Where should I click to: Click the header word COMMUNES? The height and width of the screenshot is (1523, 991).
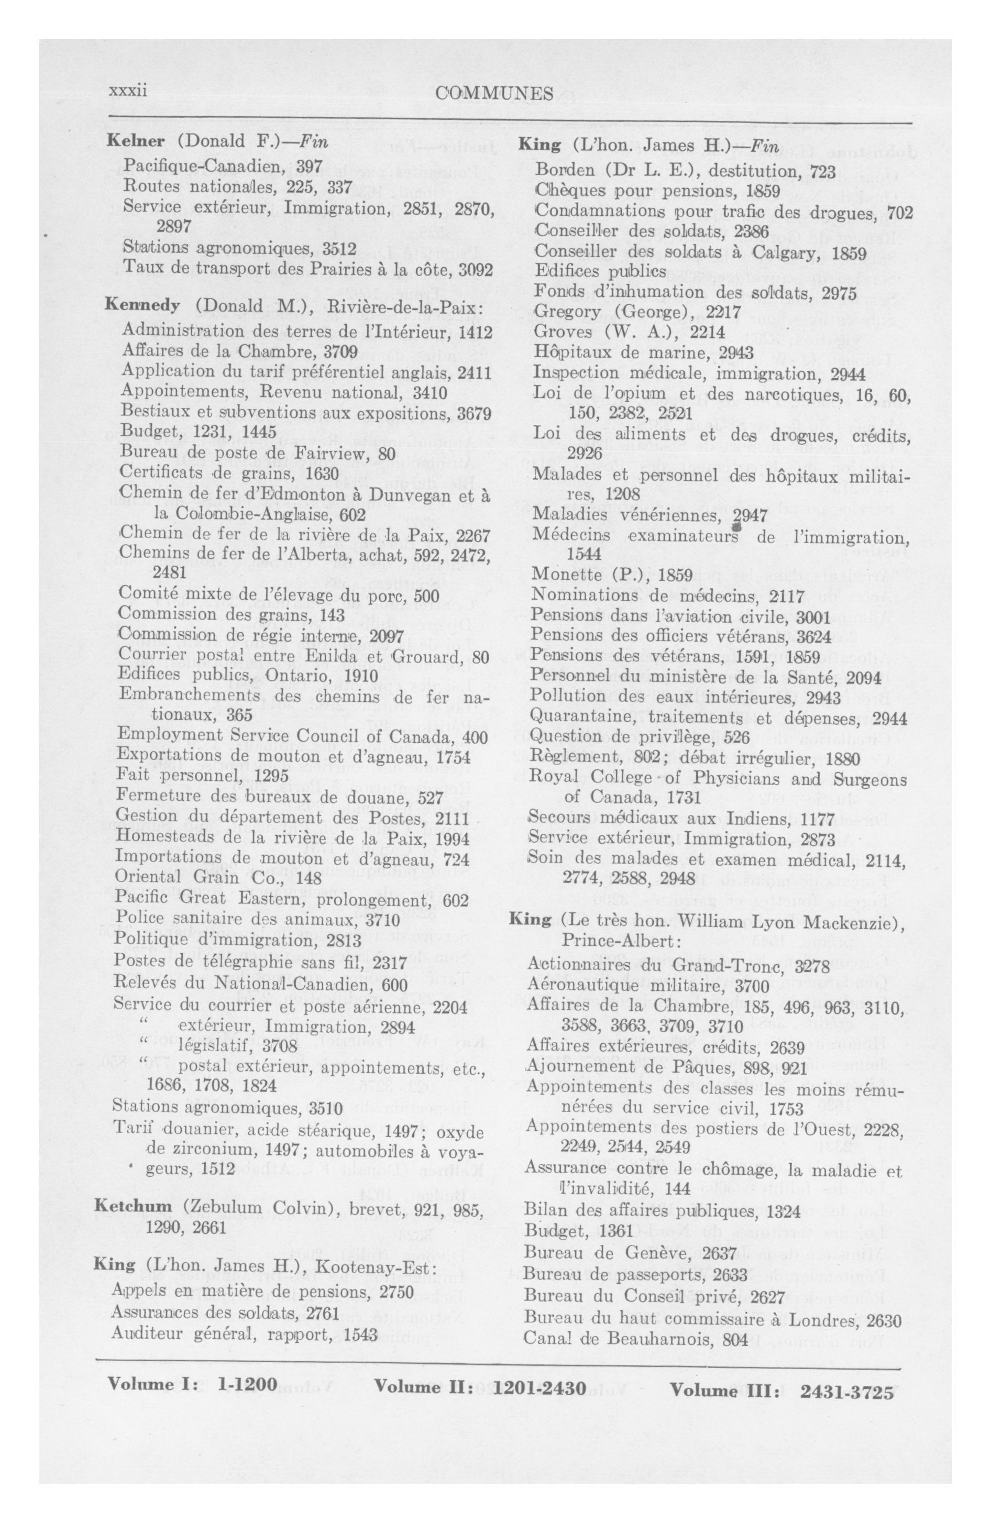click(x=493, y=94)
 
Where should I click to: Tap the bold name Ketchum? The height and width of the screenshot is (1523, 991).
click(x=133, y=1206)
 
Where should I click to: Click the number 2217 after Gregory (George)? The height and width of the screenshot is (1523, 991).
click(x=721, y=312)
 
